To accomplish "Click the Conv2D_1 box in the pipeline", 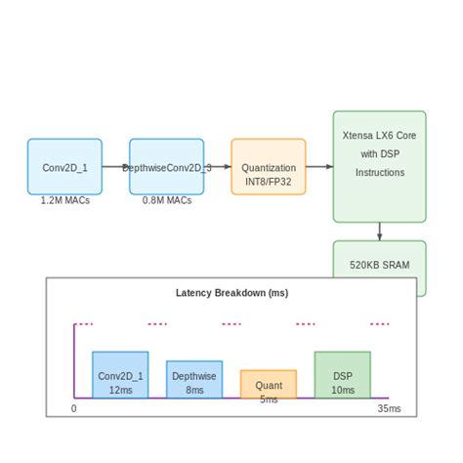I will pos(64,167).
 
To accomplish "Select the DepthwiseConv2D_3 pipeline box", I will pos(166,167).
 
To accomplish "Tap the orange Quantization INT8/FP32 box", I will pos(269,167).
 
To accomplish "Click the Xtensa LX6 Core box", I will pos(379,166).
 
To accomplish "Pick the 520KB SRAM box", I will pos(379,263).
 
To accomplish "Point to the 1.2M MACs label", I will pos(64,200).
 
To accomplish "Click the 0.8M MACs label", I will pos(166,200).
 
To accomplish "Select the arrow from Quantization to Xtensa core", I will pos(318,167).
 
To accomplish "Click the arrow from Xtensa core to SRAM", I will pos(380,231).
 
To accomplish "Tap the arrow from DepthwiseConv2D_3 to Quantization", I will pos(219,167).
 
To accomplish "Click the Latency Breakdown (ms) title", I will pos(231,292).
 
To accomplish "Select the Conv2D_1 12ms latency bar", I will pos(120,375).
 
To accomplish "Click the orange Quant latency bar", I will pos(269,384).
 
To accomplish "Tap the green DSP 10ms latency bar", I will pos(342,375).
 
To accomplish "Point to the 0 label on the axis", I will pos(74,408).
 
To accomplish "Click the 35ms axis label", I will pos(389,408).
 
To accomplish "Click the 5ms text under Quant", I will pos(269,400).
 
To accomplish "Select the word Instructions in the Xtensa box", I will pos(379,172).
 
